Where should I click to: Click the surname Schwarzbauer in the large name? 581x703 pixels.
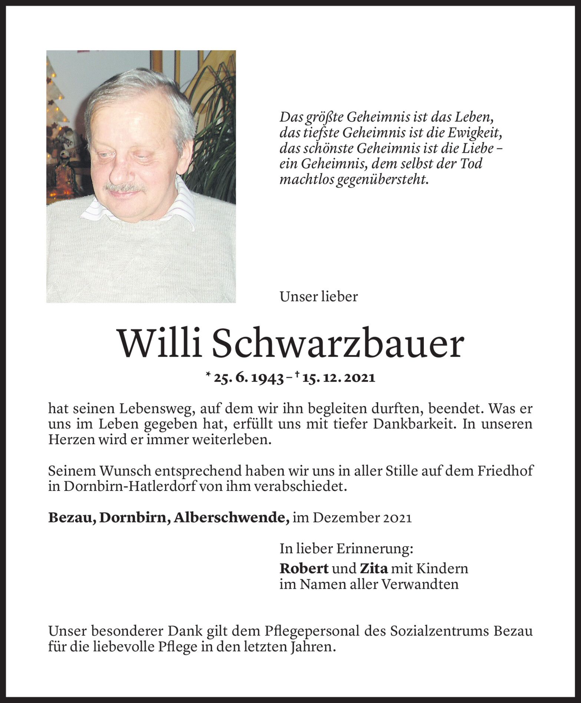[x=337, y=343]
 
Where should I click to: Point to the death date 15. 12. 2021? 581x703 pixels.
[x=339, y=378]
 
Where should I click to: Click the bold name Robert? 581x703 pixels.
[x=304, y=568]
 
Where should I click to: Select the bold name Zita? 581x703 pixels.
[x=373, y=568]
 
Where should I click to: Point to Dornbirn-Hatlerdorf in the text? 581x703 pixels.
[x=129, y=486]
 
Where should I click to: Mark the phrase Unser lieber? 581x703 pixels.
[x=318, y=296]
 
